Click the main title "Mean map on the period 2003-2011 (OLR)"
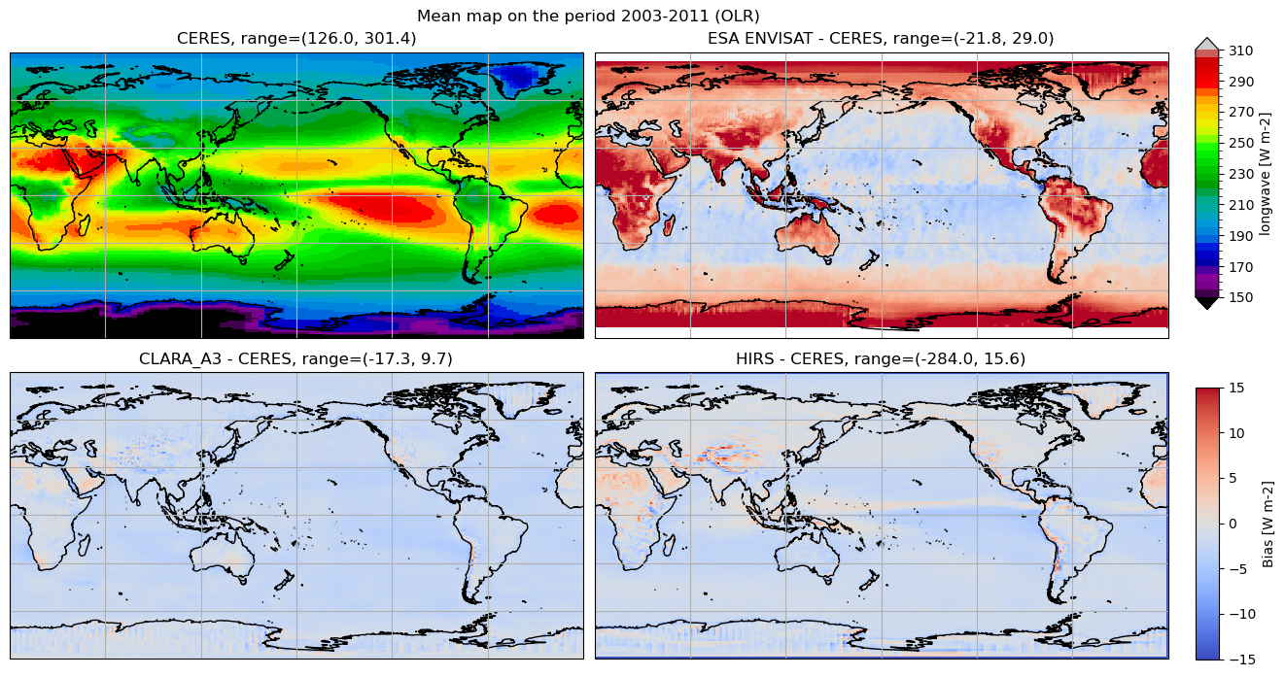588,16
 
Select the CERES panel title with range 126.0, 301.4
296,39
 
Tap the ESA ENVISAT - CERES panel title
881,39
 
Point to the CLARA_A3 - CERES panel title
296,359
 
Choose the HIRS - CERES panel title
881,359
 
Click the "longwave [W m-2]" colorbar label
1265,174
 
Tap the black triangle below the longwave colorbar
1206,303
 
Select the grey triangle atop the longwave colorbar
1206,44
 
